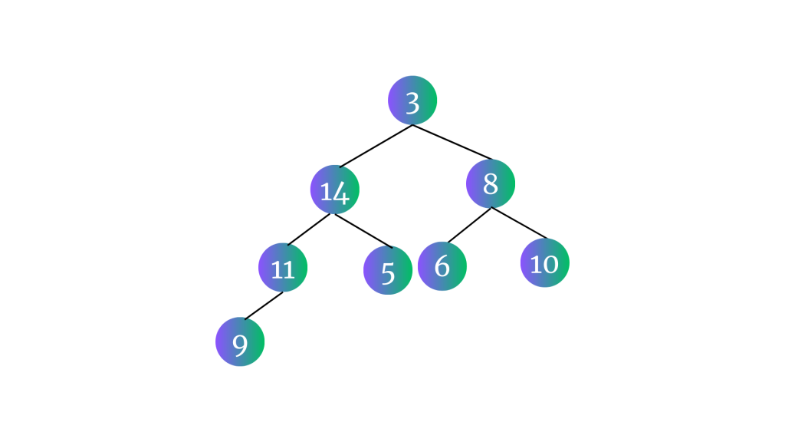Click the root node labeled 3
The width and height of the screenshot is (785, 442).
pyautogui.click(x=412, y=101)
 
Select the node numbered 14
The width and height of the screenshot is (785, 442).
pyautogui.click(x=335, y=190)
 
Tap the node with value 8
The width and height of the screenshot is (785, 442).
pyautogui.click(x=491, y=183)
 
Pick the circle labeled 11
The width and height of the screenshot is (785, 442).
pyautogui.click(x=283, y=268)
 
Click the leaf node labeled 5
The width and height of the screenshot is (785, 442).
pyautogui.click(x=388, y=270)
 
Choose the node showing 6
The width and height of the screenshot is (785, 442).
pyautogui.click(x=442, y=266)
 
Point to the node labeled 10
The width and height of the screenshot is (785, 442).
pyautogui.click(x=545, y=263)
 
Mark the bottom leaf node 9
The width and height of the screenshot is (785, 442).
pyautogui.click(x=240, y=341)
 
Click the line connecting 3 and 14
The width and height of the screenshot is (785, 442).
pyautogui.click(x=376, y=146)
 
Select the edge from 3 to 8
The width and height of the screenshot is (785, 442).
pyautogui.click(x=452, y=142)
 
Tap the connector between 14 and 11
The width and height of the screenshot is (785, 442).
pyautogui.click(x=309, y=229)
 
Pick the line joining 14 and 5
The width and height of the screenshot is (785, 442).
pyautogui.click(x=363, y=231)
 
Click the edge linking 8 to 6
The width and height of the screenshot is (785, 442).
pyautogui.click(x=470, y=225)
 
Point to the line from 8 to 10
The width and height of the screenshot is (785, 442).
pyautogui.click(x=519, y=223)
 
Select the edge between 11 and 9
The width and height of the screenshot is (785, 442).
pyautogui.click(x=264, y=305)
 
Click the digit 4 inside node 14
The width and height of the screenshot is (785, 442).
pyautogui.click(x=340, y=193)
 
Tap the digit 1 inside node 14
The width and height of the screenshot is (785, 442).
pyautogui.click(x=325, y=192)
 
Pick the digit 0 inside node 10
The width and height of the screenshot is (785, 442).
pyautogui.click(x=550, y=265)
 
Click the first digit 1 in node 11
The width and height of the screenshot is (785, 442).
pyautogui.click(x=276, y=269)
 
